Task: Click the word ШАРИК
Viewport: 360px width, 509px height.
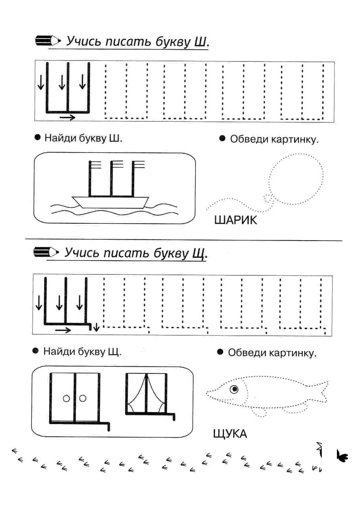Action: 235,220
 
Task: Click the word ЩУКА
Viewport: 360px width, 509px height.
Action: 230,434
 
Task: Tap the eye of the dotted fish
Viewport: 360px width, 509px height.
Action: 234,389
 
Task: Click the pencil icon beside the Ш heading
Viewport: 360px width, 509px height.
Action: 48,41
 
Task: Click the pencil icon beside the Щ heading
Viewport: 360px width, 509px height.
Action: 46,252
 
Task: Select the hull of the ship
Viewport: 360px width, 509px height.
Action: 110,202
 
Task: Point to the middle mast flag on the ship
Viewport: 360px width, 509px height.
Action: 117,164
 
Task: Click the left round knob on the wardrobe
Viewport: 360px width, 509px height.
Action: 66,399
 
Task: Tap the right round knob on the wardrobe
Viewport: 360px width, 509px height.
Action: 82,398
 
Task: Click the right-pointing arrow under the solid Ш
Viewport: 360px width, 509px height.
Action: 68,117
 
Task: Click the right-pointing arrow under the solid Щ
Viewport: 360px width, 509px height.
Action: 63,330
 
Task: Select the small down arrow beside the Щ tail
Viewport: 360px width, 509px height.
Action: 96,327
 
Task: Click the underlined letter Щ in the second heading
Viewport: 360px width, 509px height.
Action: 199,254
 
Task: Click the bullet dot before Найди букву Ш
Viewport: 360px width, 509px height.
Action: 37,137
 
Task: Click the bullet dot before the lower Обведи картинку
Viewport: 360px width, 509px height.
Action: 220,352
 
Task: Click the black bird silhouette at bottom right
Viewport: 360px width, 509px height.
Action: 342,456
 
